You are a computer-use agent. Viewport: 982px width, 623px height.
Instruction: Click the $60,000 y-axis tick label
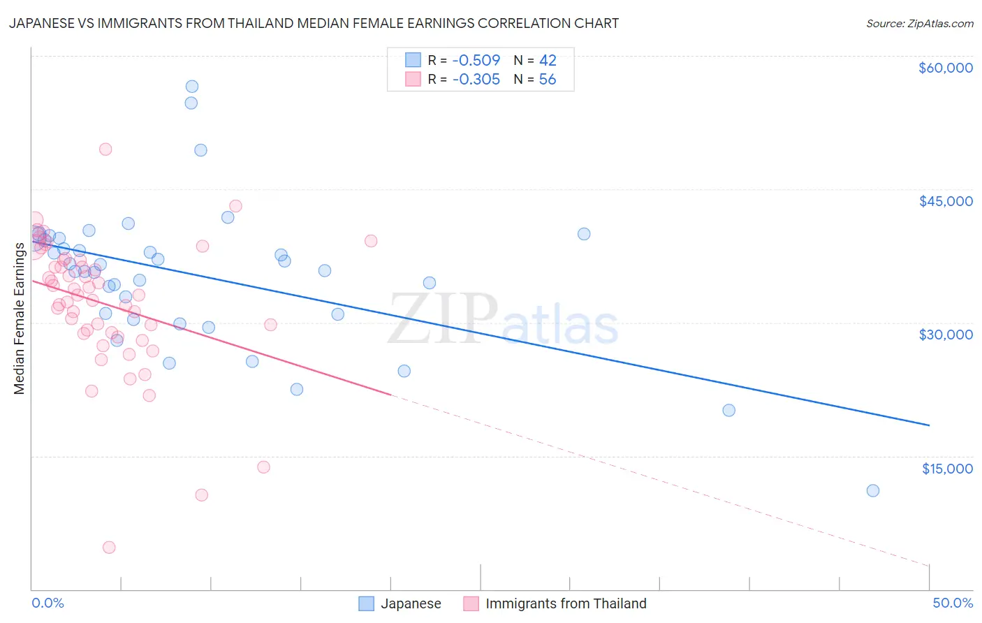pyautogui.click(x=945, y=68)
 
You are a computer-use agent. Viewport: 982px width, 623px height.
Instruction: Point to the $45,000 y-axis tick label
pyautogui.click(x=945, y=201)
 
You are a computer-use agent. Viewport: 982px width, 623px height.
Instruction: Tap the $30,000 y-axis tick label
pyautogui.click(x=945, y=335)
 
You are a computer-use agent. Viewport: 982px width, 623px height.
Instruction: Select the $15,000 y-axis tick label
pyautogui.click(x=946, y=469)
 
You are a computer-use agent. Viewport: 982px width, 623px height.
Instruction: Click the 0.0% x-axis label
pyautogui.click(x=47, y=603)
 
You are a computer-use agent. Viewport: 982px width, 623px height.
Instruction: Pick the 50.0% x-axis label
pyautogui.click(x=952, y=603)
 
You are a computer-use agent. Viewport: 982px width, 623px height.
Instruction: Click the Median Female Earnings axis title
pyautogui.click(x=20, y=318)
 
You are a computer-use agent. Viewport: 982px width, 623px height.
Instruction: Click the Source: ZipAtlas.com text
pyautogui.click(x=919, y=24)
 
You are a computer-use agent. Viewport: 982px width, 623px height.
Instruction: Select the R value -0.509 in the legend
pyautogui.click(x=476, y=60)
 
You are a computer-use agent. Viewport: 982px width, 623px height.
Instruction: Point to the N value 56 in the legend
pyautogui.click(x=547, y=80)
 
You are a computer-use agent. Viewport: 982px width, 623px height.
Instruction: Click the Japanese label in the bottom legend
pyautogui.click(x=411, y=603)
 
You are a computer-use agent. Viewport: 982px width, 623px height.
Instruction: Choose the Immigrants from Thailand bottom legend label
pyautogui.click(x=566, y=603)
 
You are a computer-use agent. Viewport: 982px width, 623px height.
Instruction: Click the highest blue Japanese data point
pyautogui.click(x=192, y=87)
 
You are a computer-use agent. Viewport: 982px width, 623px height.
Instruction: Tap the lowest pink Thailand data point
pyautogui.click(x=109, y=548)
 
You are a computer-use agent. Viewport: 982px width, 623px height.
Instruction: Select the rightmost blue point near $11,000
pyautogui.click(x=873, y=491)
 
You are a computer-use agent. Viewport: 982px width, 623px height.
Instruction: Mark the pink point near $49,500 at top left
pyautogui.click(x=105, y=149)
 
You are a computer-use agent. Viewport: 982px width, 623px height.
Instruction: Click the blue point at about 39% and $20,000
pyautogui.click(x=728, y=411)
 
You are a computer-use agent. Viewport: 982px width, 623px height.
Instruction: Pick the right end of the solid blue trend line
pyautogui.click(x=929, y=425)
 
